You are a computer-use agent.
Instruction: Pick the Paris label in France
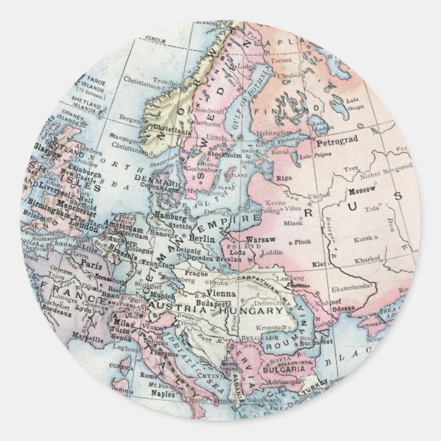click(x=87, y=261)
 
